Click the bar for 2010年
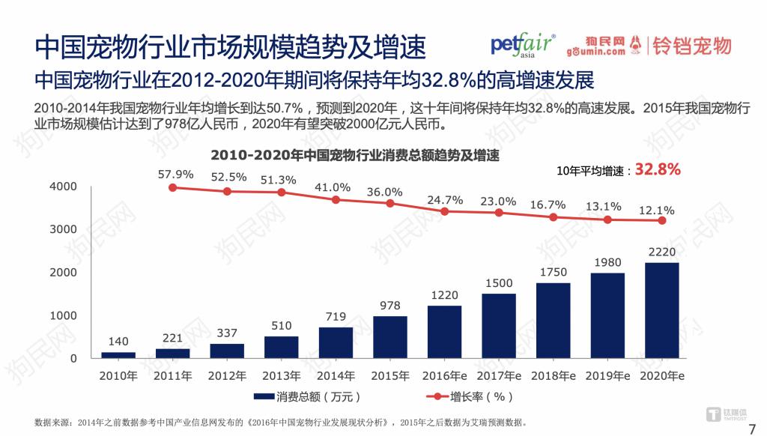click(118, 355)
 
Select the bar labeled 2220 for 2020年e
click(661, 310)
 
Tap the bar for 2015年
click(389, 337)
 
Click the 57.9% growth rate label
click(175, 174)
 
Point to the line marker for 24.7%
click(444, 211)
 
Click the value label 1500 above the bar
click(498, 283)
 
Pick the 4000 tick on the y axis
click(63, 187)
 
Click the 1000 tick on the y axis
click(63, 315)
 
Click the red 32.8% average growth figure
click(658, 170)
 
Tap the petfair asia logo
click(523, 45)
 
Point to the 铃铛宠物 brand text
click(691, 46)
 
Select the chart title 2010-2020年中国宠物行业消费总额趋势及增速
click(354, 156)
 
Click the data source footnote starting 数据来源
click(285, 423)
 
